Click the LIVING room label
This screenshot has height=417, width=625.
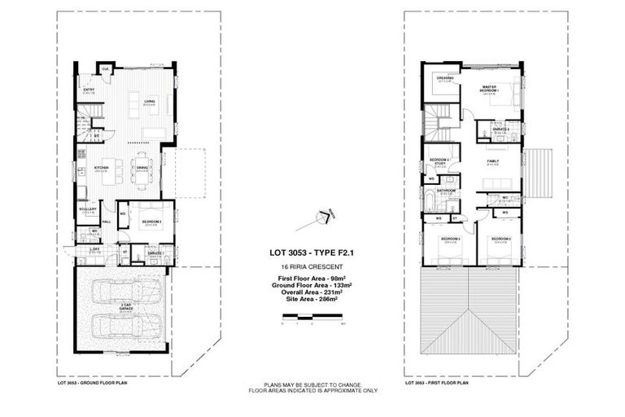click(x=150, y=102)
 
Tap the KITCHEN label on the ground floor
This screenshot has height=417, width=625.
click(x=101, y=169)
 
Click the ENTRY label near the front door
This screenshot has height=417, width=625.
click(x=90, y=90)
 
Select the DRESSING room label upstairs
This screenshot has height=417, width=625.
click(x=444, y=79)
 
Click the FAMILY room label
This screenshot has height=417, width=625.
click(x=492, y=161)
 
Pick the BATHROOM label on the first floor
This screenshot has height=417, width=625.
click(x=445, y=191)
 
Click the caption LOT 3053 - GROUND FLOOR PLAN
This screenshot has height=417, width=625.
click(x=89, y=381)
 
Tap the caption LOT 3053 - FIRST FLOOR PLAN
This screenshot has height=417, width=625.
click(x=437, y=381)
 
